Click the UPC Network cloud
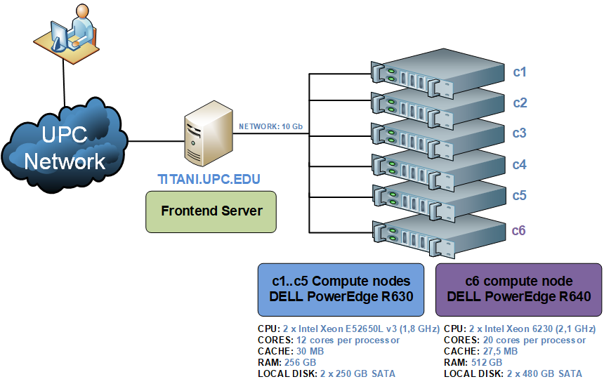coord(64,147)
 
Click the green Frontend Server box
coord(211,211)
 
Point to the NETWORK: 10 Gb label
coord(270,127)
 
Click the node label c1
coord(520,72)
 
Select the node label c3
coord(519,133)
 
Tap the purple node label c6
coord(519,230)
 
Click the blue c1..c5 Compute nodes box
coord(341,289)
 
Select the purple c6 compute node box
coord(519,289)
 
